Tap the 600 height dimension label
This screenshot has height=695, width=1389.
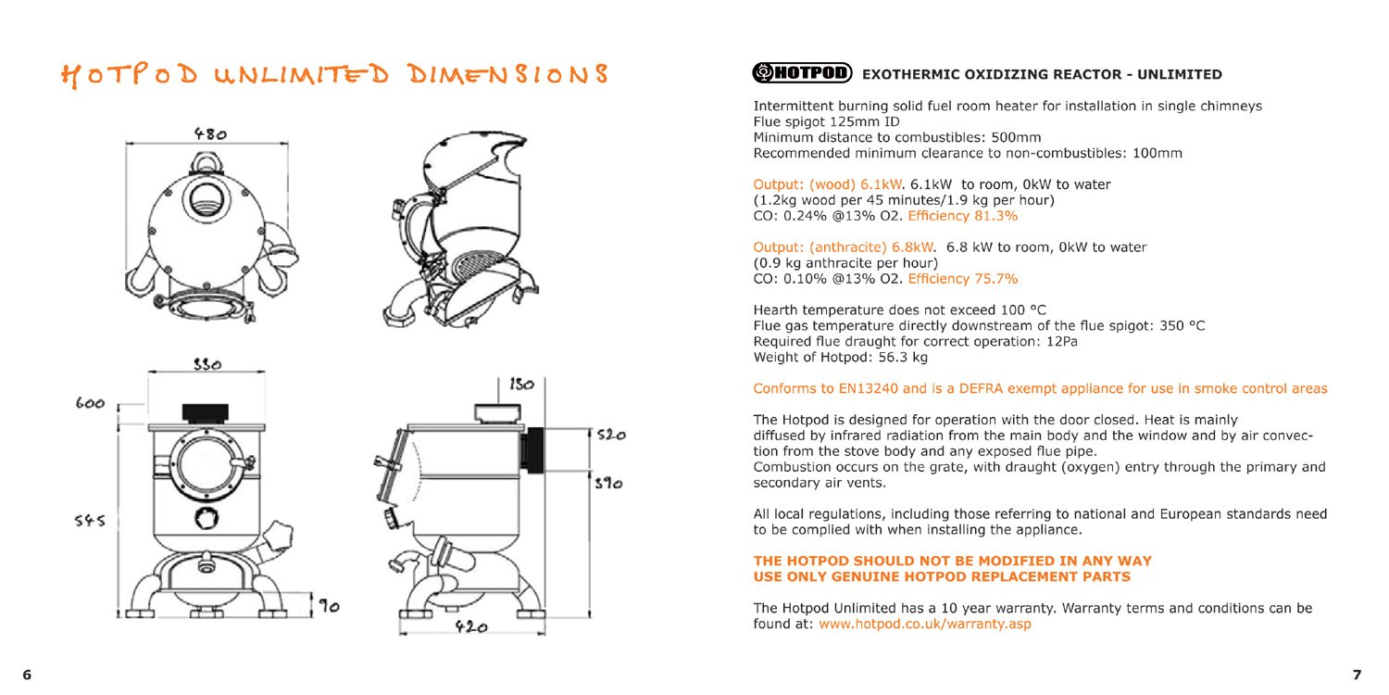(x=90, y=403)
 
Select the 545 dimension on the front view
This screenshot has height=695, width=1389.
(x=90, y=521)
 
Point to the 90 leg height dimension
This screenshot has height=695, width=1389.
(x=328, y=607)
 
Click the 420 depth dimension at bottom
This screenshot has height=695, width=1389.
(x=470, y=627)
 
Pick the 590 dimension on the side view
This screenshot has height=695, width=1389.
(x=609, y=484)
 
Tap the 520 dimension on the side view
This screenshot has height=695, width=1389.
(x=610, y=434)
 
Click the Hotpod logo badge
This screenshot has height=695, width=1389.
(x=802, y=72)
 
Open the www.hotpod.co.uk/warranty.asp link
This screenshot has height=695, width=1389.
(x=924, y=625)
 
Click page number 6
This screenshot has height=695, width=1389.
(x=27, y=675)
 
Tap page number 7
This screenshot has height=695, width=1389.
(x=1357, y=675)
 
